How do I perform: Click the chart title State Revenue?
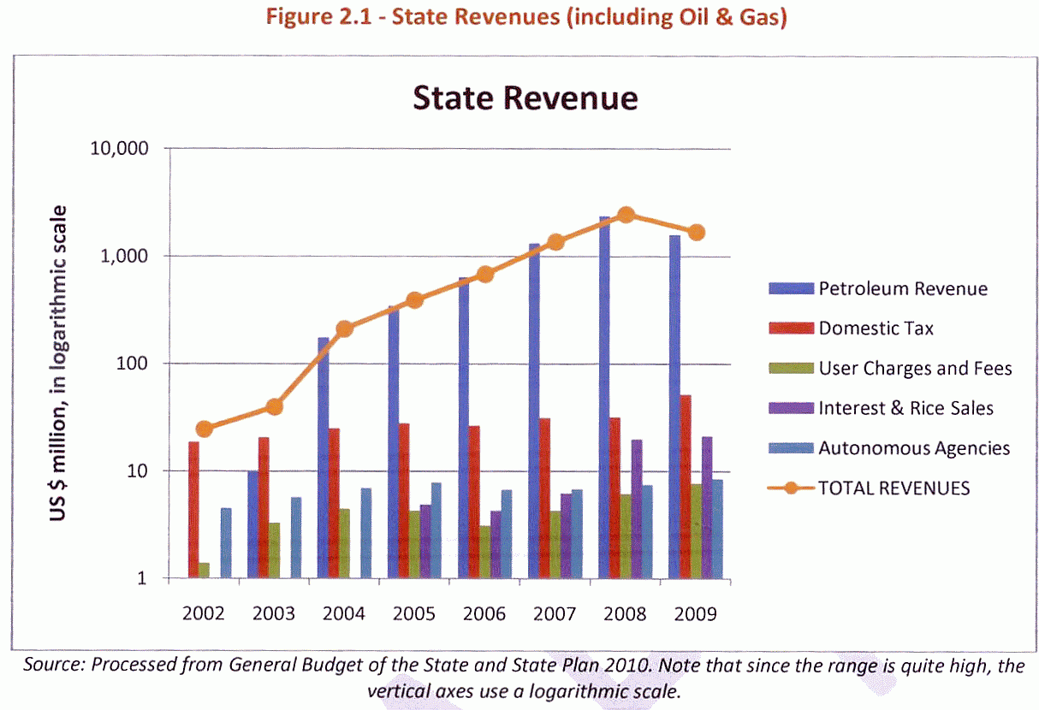coord(525,98)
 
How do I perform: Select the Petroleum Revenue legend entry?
coord(878,288)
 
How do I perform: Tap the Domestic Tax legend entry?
coord(851,328)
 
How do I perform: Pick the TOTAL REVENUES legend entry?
coord(869,488)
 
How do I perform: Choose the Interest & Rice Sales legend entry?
coord(881,408)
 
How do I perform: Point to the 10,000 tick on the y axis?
coord(119,148)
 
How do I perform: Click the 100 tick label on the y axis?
coord(132,363)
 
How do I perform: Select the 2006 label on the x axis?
coord(484,613)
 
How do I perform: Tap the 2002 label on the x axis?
coord(203,613)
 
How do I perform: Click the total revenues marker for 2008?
coord(626,215)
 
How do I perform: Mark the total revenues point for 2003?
coord(275,406)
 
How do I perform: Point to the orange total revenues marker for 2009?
coord(696,233)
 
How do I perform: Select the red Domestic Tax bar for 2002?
coord(194,510)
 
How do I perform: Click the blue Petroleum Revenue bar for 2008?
coord(604,398)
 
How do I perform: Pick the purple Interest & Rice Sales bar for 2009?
coord(707,507)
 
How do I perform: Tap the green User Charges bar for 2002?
coord(204,571)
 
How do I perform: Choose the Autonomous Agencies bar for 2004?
coord(366,533)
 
